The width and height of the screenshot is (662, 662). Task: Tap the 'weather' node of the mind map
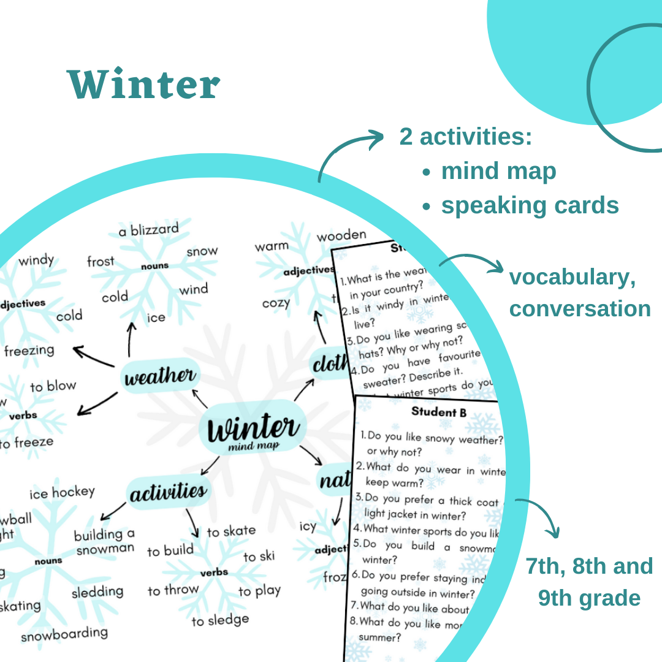[159, 376]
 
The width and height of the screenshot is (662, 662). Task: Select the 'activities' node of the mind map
[168, 492]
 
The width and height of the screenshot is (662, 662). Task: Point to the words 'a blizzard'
[149, 230]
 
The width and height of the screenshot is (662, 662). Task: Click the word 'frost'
[101, 262]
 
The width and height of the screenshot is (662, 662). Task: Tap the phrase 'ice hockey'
[62, 492]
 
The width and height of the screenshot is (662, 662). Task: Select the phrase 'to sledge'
[220, 620]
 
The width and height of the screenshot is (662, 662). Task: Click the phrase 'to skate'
[231, 531]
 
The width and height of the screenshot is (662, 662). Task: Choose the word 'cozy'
[276, 303]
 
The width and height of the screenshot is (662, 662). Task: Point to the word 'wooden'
[341, 235]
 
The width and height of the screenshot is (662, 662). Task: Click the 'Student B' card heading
[439, 412]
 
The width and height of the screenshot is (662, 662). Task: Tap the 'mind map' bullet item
[498, 171]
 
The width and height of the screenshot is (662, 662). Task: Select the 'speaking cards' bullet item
[530, 206]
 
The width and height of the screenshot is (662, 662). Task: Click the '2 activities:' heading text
[466, 137]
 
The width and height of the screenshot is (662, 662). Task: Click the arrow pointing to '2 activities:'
[349, 153]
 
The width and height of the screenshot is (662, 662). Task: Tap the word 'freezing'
[29, 351]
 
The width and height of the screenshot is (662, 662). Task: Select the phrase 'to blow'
[53, 386]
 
